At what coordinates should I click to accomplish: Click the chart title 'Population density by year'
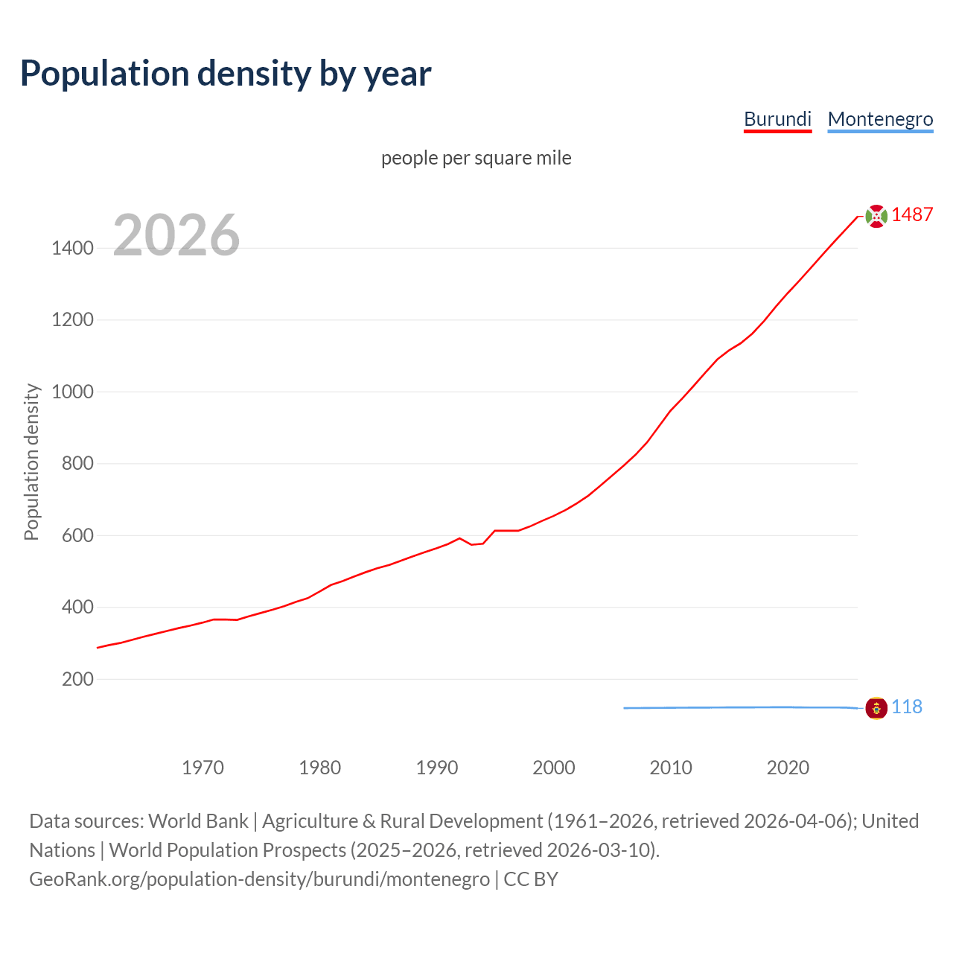coord(226,74)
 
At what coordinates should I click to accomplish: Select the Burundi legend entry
coord(777,119)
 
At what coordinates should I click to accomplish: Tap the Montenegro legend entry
coord(880,119)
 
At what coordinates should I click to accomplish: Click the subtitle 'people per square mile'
coord(476,158)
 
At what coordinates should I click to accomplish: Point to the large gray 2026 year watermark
coord(176,235)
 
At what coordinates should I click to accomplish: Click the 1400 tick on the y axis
coord(72,248)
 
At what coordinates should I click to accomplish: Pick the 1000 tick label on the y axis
coord(72,392)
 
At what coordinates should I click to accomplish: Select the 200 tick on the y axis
coord(77,679)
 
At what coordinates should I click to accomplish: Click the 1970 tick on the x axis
coord(203,768)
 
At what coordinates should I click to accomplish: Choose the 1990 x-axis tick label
coord(437,768)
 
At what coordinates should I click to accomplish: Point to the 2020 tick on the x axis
coord(788,768)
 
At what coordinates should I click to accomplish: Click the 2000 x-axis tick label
coord(554,768)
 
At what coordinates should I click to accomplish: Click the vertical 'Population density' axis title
coord(31,462)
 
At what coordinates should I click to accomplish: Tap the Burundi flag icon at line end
coord(876,216)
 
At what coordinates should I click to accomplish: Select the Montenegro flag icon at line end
coord(876,707)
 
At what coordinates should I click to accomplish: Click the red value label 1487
coord(912,215)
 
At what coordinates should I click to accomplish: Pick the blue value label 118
coord(907,707)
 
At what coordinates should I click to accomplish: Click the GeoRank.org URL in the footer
coord(259,879)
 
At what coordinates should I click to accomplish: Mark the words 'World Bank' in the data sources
coord(198,821)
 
